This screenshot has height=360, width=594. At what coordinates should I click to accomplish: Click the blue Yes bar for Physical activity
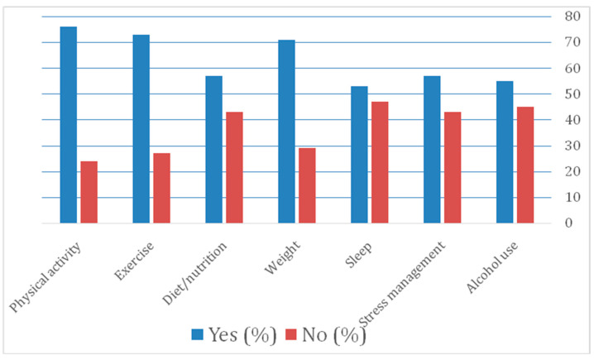69,125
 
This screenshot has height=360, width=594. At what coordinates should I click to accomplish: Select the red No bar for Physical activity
89,192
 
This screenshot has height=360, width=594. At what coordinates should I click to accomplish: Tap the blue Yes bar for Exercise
141,129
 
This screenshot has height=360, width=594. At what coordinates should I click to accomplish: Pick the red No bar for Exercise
162,188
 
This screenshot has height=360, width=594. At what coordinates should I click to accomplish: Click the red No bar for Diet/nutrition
234,167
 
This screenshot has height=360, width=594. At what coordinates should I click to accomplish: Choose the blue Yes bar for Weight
287,132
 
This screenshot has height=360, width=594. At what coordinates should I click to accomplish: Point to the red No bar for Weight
307,185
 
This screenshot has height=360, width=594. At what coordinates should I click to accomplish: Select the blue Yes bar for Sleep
360,155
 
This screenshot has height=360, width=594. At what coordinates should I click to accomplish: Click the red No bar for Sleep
380,162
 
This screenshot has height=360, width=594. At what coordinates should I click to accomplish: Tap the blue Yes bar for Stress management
432,150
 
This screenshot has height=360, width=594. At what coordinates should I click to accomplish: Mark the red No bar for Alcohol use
525,165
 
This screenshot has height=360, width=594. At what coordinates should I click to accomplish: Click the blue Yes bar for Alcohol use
505,152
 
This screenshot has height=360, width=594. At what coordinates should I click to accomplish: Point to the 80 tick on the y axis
572,17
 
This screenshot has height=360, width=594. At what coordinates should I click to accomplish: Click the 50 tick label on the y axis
572,94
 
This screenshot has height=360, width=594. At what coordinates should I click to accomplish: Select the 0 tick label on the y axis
568,223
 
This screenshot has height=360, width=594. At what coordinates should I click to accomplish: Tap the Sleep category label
359,255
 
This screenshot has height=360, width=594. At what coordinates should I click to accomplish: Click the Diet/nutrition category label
194,273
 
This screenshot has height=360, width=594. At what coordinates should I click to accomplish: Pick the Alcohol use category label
491,267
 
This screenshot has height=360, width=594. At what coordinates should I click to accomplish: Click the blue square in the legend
198,334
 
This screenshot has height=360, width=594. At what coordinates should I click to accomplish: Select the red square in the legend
291,334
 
